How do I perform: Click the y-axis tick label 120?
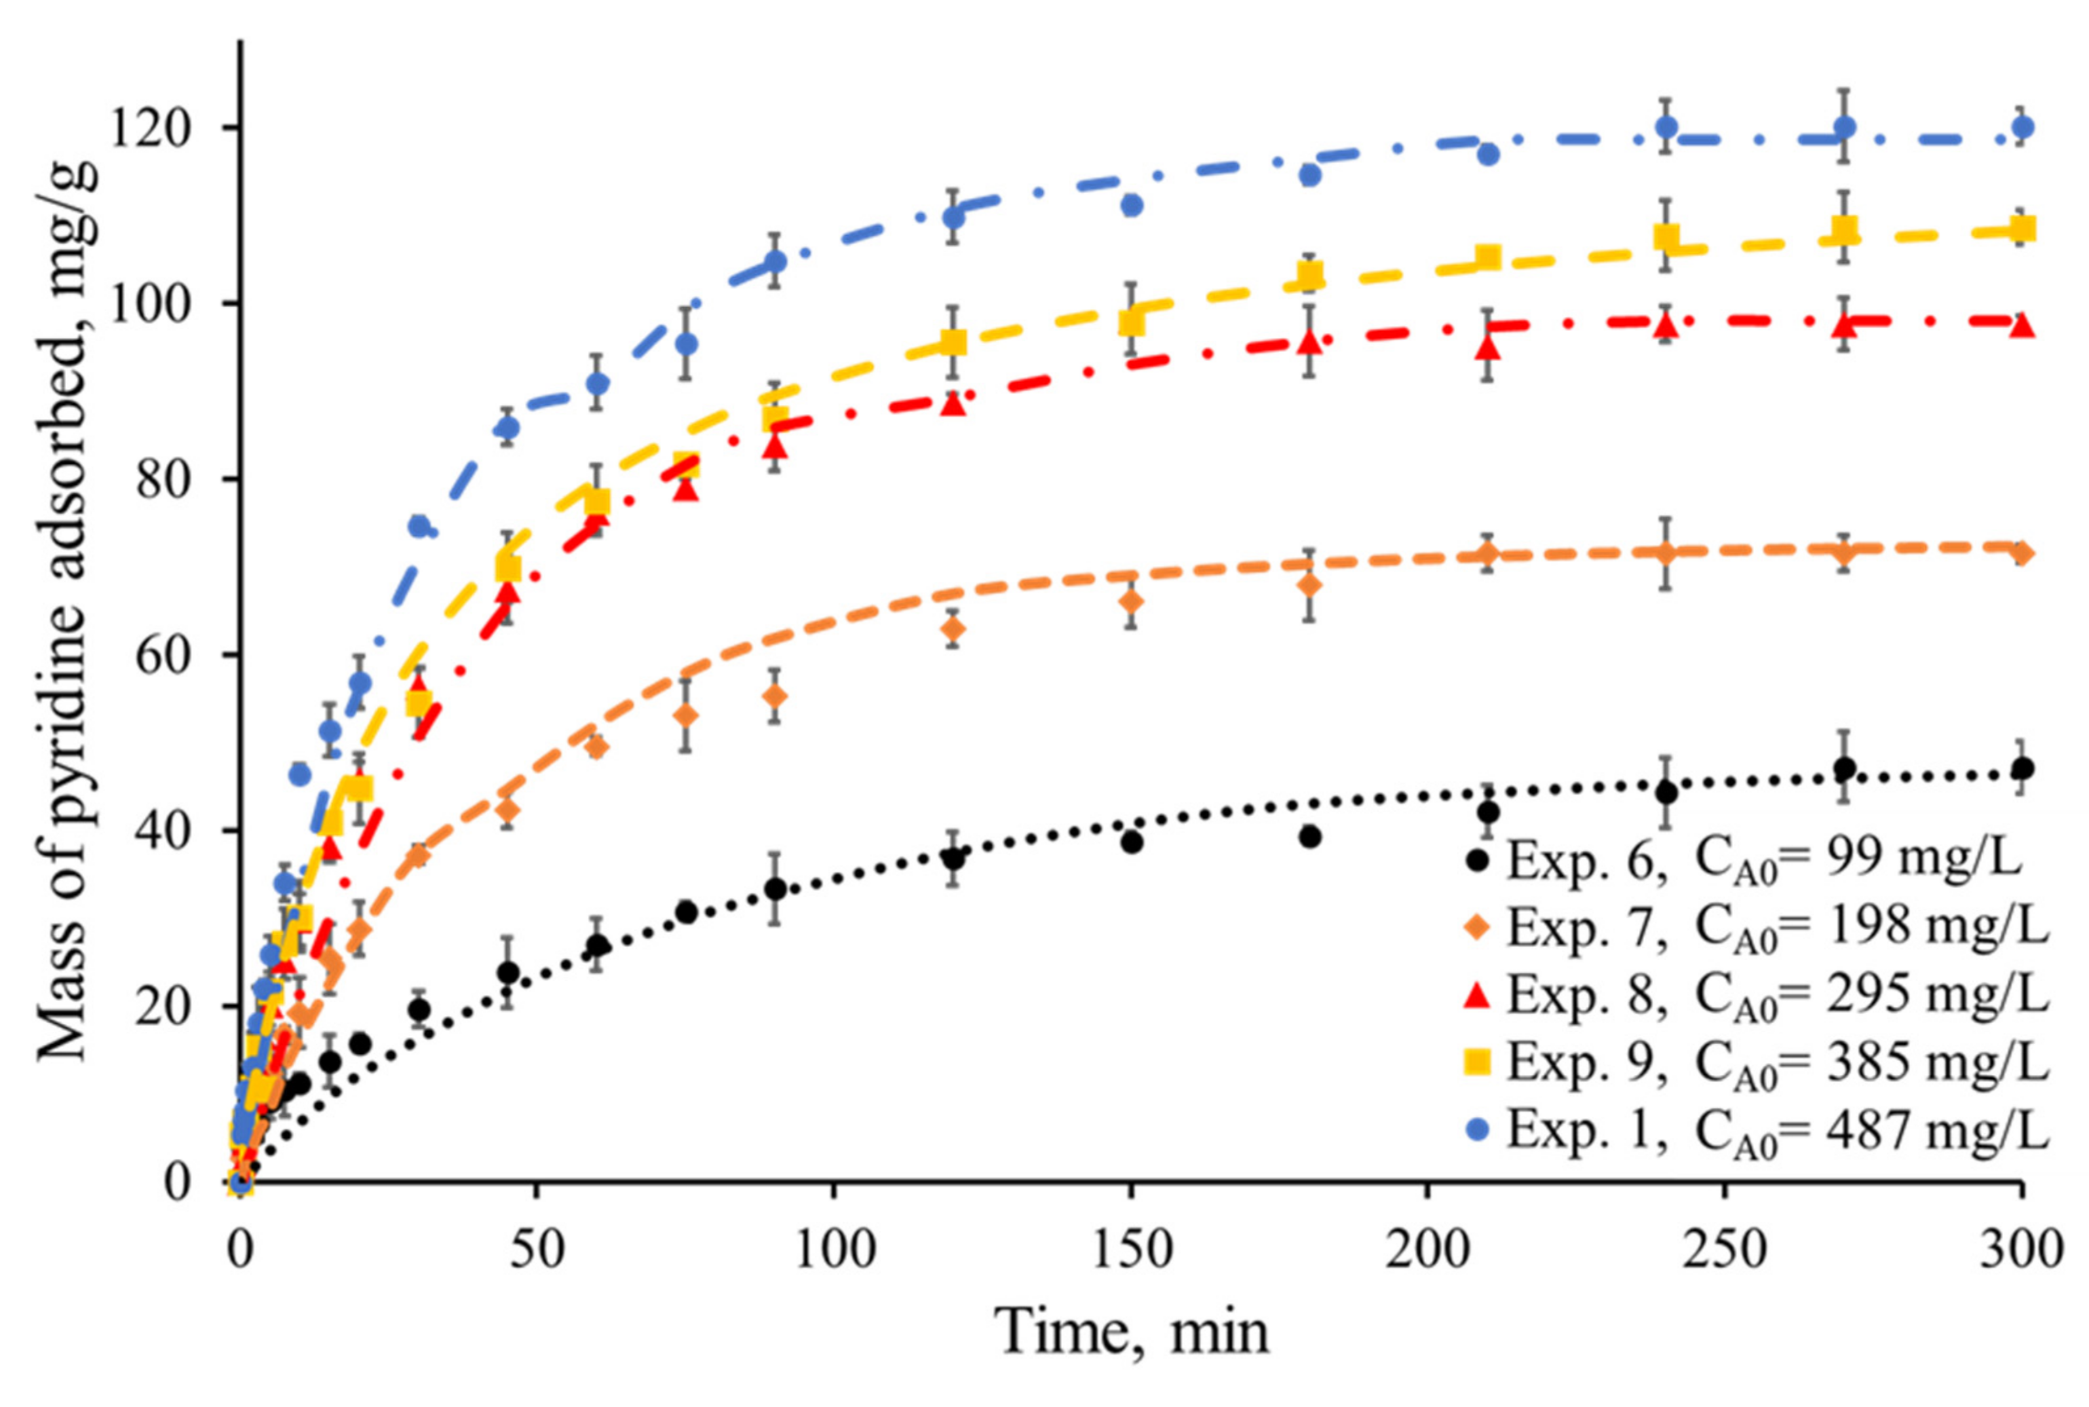click(x=150, y=128)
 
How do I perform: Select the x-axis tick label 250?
click(x=1725, y=1249)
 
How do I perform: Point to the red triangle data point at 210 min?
click(x=1487, y=345)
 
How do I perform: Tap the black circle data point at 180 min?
click(x=1310, y=836)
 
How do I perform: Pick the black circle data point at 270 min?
click(x=1844, y=769)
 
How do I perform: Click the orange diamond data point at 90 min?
click(x=776, y=696)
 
